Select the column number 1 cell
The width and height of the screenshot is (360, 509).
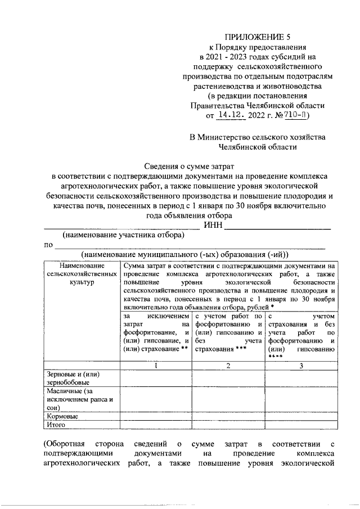click(x=156, y=366)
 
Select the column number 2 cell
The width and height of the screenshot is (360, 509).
click(x=228, y=366)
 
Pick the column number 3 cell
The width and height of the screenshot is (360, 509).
click(x=301, y=366)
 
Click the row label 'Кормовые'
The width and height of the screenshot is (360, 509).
click(x=62, y=417)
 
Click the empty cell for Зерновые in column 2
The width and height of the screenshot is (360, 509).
click(x=228, y=378)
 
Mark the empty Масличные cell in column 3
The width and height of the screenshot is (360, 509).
click(x=301, y=399)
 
